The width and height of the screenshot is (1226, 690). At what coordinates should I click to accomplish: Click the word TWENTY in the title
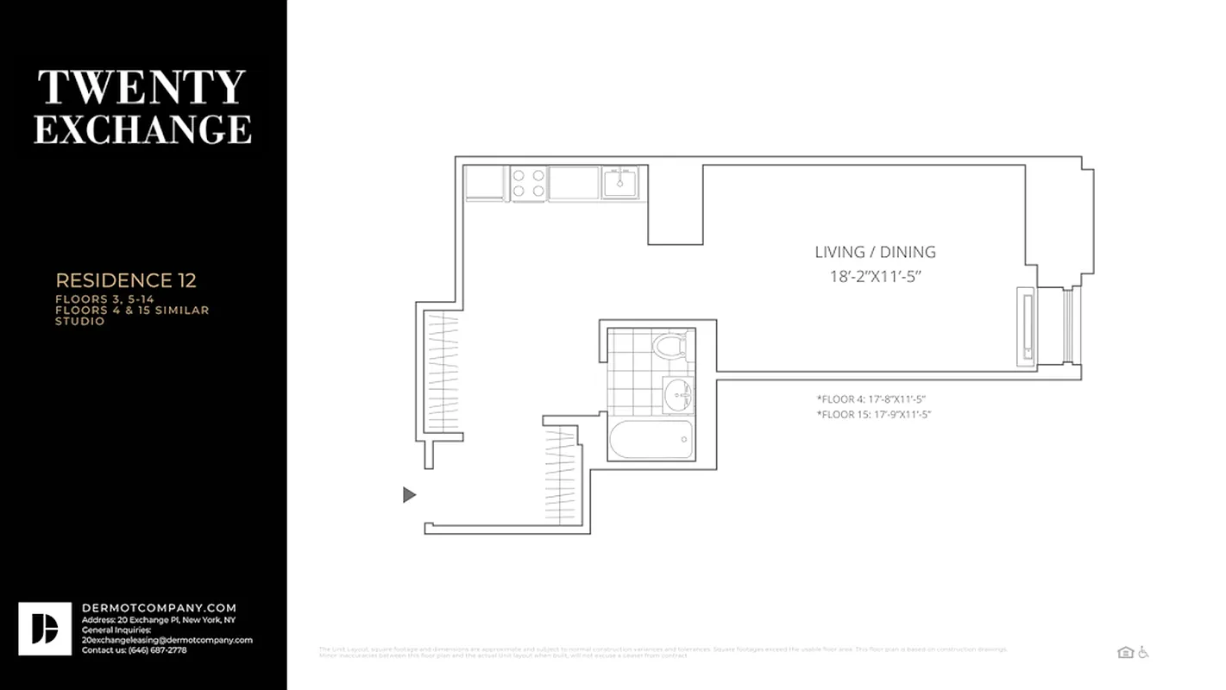click(141, 88)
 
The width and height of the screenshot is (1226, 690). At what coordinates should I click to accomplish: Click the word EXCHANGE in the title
click(142, 129)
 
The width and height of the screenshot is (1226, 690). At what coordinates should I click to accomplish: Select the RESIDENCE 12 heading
click(126, 280)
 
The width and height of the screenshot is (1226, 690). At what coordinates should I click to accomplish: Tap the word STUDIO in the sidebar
click(80, 321)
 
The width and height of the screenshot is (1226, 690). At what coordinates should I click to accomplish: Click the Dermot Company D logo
click(45, 629)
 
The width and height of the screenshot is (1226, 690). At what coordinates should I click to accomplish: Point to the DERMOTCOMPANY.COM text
click(159, 608)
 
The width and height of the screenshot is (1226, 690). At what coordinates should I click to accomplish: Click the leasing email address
click(167, 640)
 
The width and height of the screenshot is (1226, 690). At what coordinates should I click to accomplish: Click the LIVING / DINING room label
click(875, 252)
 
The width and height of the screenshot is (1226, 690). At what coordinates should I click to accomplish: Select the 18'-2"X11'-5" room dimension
click(875, 277)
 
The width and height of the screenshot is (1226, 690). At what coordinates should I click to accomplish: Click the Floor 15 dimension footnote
click(873, 415)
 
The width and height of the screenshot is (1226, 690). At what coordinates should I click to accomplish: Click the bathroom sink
click(677, 395)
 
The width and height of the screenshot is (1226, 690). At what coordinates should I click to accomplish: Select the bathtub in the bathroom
click(651, 439)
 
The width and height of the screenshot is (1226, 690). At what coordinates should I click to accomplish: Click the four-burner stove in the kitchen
click(528, 183)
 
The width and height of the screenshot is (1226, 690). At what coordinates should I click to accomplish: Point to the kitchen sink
click(619, 183)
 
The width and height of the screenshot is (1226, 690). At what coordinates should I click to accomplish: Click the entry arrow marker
click(410, 494)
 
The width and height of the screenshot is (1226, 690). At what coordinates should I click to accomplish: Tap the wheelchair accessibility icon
click(1143, 652)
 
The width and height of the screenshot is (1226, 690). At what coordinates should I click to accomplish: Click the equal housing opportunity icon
click(1125, 652)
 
